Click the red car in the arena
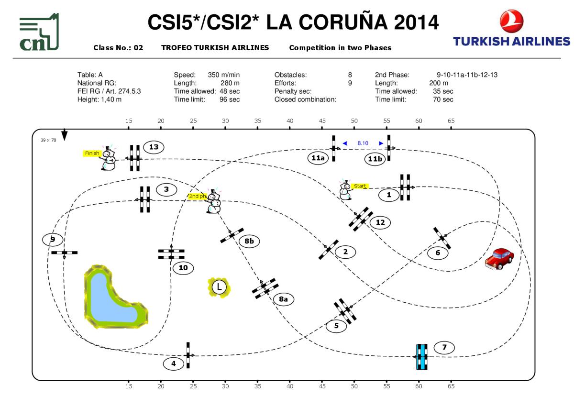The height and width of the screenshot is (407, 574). (x=499, y=258)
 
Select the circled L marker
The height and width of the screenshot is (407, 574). (x=219, y=287)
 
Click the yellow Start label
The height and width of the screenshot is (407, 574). (x=360, y=186)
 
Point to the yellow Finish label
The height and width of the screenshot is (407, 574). (x=92, y=153)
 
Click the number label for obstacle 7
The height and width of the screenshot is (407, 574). (x=444, y=347)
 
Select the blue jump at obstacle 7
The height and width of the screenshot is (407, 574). (x=421, y=357)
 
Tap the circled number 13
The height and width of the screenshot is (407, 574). (x=154, y=147)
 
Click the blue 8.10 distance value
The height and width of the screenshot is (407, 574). (x=363, y=143)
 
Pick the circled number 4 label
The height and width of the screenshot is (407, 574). (x=173, y=364)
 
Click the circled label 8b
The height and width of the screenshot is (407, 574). (x=249, y=242)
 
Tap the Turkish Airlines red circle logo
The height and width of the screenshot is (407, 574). (x=511, y=22)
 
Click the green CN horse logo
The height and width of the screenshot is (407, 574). (x=39, y=33)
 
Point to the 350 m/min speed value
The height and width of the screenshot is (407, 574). (x=223, y=75)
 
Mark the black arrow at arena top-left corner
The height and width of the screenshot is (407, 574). (x=65, y=135)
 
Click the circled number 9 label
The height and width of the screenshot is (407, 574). (x=53, y=239)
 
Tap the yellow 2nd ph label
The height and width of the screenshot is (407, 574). (x=197, y=196)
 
